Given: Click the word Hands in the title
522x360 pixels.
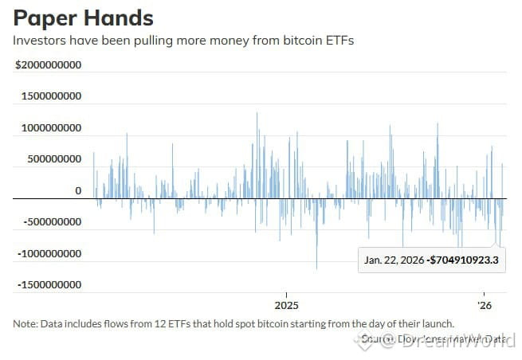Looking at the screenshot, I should pos(118,18).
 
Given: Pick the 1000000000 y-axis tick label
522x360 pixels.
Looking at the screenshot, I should pos(50,127).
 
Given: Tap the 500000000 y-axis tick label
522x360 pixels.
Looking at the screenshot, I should pos(53,159).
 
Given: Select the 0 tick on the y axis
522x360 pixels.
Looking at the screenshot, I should pos(78,191).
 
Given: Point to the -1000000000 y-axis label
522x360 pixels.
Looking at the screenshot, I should pos(49,254).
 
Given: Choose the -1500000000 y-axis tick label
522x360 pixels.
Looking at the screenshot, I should pos(49,285).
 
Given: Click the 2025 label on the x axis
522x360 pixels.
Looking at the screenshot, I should pos(286,305).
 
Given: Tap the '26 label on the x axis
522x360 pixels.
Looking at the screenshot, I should pos(483,305).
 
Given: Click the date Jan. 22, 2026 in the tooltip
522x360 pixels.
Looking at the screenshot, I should pos(394,260).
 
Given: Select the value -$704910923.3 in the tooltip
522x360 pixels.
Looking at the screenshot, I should pos(463,260).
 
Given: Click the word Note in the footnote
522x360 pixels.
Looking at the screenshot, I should pos(26,323).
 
